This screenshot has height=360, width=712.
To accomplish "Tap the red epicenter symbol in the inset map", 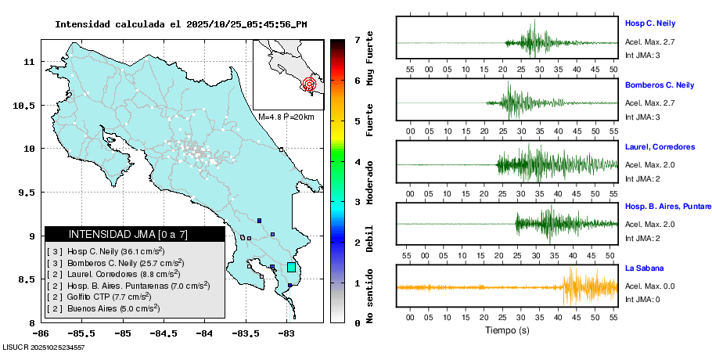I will [310, 84].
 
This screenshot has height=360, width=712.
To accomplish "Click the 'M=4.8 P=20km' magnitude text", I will [286, 117].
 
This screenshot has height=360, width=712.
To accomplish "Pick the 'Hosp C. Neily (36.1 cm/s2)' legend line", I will [106, 251].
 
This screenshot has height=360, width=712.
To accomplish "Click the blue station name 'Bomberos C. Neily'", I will [660, 85].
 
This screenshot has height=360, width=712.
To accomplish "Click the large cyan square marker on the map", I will [291, 268].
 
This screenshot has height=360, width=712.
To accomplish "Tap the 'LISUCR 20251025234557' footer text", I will [44, 347].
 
